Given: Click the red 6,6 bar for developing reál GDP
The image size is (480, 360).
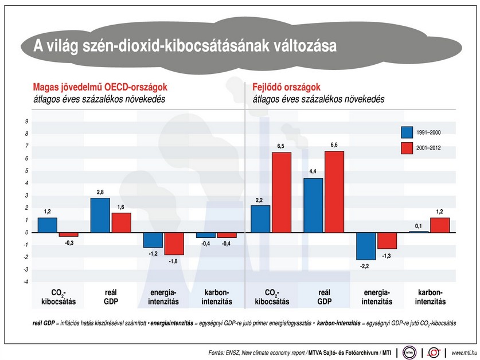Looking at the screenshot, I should [334, 192].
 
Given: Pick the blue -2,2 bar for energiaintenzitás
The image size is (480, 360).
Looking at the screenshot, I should [366, 246].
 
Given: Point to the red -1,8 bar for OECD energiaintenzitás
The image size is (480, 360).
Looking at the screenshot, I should [173, 244].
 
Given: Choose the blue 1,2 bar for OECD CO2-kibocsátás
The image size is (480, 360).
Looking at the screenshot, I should [48, 225].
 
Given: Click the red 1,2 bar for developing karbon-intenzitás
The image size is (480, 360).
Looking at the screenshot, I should [439, 225].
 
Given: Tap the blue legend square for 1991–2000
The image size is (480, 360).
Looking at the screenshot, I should [407, 132].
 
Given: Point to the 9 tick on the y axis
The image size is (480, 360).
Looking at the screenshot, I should [26, 122].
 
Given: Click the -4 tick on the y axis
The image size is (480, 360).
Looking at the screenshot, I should [25, 281].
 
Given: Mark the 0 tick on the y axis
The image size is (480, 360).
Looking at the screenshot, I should [26, 232].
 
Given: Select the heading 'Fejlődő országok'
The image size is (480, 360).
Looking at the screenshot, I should [286, 87].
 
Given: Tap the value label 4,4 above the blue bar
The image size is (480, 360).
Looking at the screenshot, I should [313, 172].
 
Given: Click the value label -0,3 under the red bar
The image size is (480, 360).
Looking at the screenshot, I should [68, 242].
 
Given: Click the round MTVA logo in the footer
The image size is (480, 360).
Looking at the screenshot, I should [409, 351].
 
